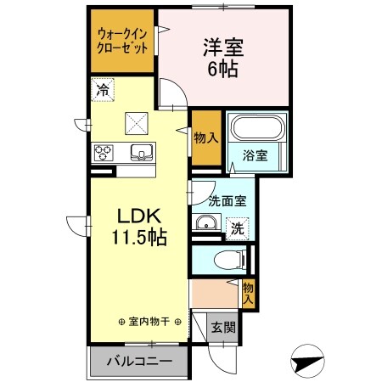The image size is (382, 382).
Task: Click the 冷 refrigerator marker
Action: pyautogui.click(x=102, y=87)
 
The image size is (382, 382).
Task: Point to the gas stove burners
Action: pyautogui.click(x=104, y=153)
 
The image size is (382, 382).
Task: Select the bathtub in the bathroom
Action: pyautogui.click(x=260, y=129)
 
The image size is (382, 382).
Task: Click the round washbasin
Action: pyautogui.click(x=205, y=225)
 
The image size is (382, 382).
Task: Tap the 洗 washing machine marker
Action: pyautogui.click(x=239, y=228)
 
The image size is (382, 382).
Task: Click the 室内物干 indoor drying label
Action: pyautogui.click(x=149, y=322)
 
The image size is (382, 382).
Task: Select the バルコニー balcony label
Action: pyautogui.click(x=139, y=361)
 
